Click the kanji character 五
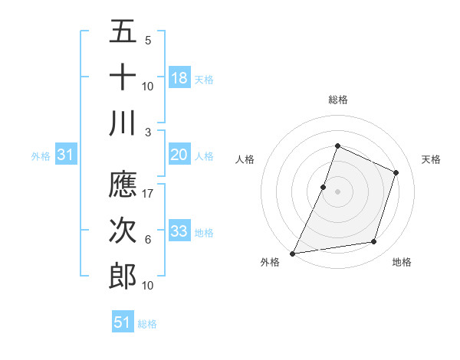[x=123, y=34]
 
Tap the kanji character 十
[x=123, y=78]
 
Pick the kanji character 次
[x=123, y=231]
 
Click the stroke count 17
[x=148, y=194]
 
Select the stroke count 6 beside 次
[x=148, y=239]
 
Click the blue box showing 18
[x=179, y=78]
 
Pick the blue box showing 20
[x=179, y=155]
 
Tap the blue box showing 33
[x=179, y=231]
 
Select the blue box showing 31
[x=66, y=155]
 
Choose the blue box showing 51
[x=122, y=322]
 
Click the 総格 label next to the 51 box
[x=147, y=324]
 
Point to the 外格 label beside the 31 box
[x=41, y=156]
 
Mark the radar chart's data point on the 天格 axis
[x=396, y=172]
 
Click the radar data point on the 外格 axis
[x=293, y=253]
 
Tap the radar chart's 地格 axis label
[x=402, y=262]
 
